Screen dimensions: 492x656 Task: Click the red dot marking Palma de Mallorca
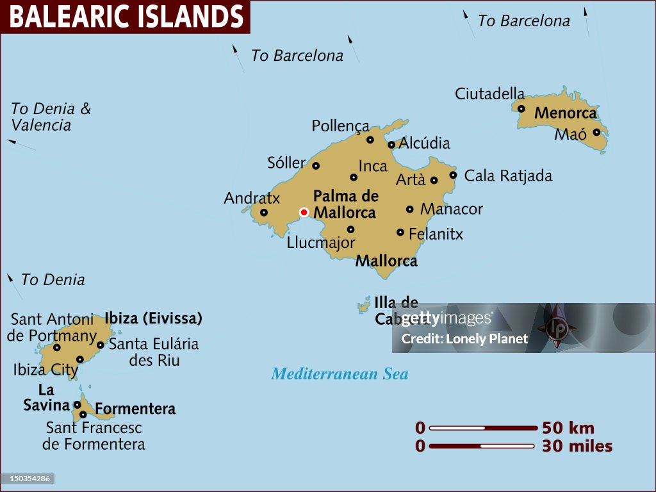point(304,212)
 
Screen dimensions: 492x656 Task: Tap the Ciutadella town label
point(489,94)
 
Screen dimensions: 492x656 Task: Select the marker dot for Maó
point(596,133)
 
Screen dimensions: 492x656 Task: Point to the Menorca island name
point(565,113)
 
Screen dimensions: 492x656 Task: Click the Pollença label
point(340,126)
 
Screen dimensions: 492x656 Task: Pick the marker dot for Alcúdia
point(391,145)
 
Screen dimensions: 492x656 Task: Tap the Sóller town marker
point(316,165)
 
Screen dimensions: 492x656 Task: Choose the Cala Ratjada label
point(508,176)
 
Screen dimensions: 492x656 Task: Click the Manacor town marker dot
point(410,209)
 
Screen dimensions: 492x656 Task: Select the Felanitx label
point(436,234)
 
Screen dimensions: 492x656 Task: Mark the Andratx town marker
point(264,213)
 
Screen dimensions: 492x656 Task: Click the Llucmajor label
point(321,243)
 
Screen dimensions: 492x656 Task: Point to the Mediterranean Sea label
point(340,373)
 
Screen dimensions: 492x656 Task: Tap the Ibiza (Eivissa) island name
point(154,318)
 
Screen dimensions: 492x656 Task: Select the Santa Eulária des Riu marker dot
point(101,345)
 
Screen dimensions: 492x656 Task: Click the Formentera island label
point(135,409)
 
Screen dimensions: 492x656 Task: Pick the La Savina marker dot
point(77,404)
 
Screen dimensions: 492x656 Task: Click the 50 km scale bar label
point(568,428)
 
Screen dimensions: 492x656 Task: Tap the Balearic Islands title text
point(126,17)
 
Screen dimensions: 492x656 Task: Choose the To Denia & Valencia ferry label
point(51,117)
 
